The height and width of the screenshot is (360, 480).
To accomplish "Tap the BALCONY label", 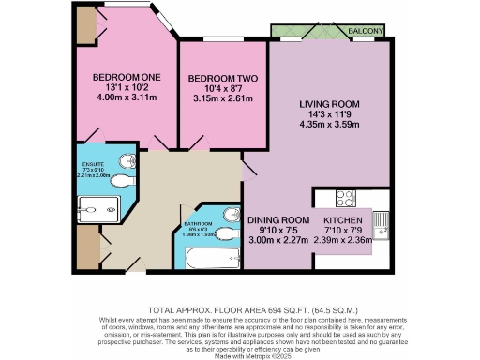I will pyautogui.click(x=367, y=32).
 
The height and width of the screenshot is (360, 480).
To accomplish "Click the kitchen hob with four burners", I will pyautogui.click(x=344, y=198).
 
